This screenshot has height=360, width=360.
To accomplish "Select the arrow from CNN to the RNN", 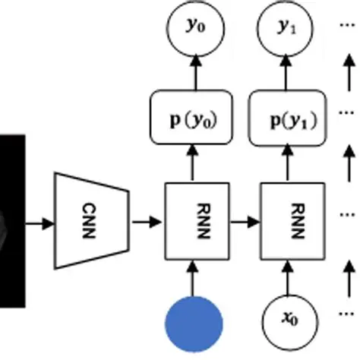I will [x=147, y=223].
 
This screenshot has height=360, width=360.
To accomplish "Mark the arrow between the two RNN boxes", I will [x=242, y=223].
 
